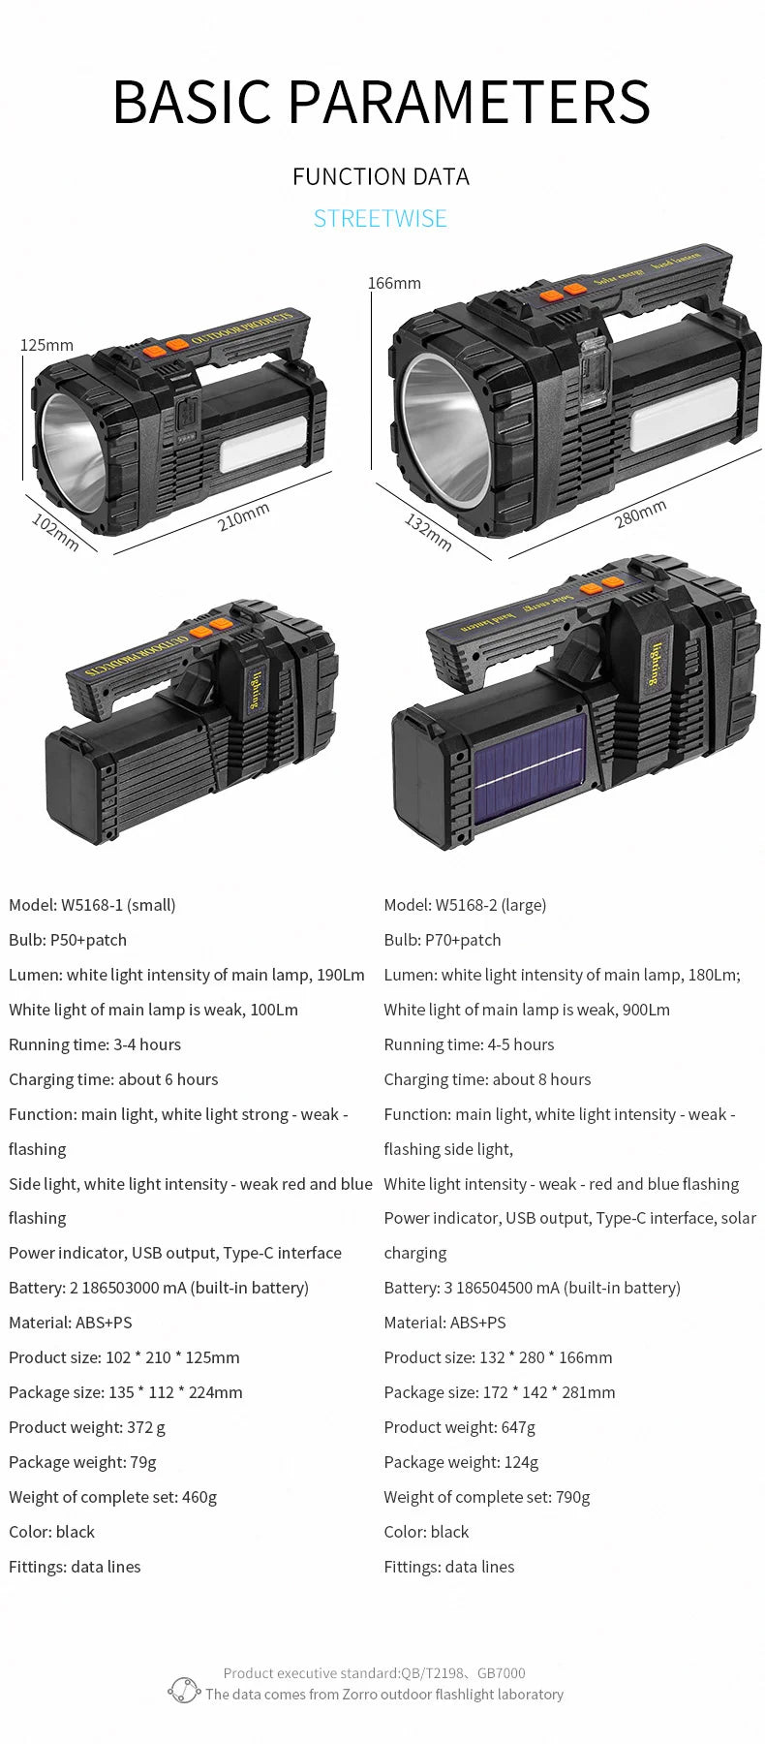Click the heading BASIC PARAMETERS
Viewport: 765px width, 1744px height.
[x=382, y=101]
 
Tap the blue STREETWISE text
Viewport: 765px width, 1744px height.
[x=381, y=218]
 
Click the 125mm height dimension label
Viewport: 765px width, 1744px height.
[x=46, y=345]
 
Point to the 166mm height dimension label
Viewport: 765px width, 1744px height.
[x=394, y=283]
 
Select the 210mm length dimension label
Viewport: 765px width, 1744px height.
[x=243, y=516]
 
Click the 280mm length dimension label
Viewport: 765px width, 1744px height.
[x=640, y=514]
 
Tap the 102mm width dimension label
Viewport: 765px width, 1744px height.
[x=55, y=532]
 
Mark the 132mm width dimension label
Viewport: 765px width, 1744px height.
[x=428, y=533]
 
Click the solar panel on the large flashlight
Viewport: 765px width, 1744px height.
[x=530, y=768]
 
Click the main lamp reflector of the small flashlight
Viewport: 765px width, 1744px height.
[x=72, y=451]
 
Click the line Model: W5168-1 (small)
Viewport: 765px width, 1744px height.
[x=92, y=905]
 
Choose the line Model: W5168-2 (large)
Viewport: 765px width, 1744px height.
[x=465, y=905]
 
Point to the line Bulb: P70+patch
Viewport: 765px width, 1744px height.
[x=443, y=940]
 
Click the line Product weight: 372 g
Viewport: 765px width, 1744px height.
[x=87, y=1427]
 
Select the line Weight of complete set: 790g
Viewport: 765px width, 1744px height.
[x=486, y=1497]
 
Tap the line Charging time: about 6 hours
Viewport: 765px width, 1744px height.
[x=113, y=1079]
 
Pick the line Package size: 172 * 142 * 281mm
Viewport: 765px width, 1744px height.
[x=499, y=1392]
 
